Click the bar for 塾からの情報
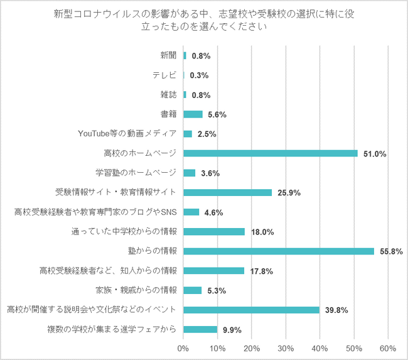pos(278,251)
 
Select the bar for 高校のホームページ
pos(270,153)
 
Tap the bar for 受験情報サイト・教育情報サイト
pos(227,192)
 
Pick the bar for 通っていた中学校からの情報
pos(214,232)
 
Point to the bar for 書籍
pos(193,114)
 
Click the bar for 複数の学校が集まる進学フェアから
pos(200,329)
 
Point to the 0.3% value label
pos(199,75)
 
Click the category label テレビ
pos(164,75)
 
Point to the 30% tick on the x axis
pos(286,348)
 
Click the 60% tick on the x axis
pos(387,348)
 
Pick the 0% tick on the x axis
pos(183,348)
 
